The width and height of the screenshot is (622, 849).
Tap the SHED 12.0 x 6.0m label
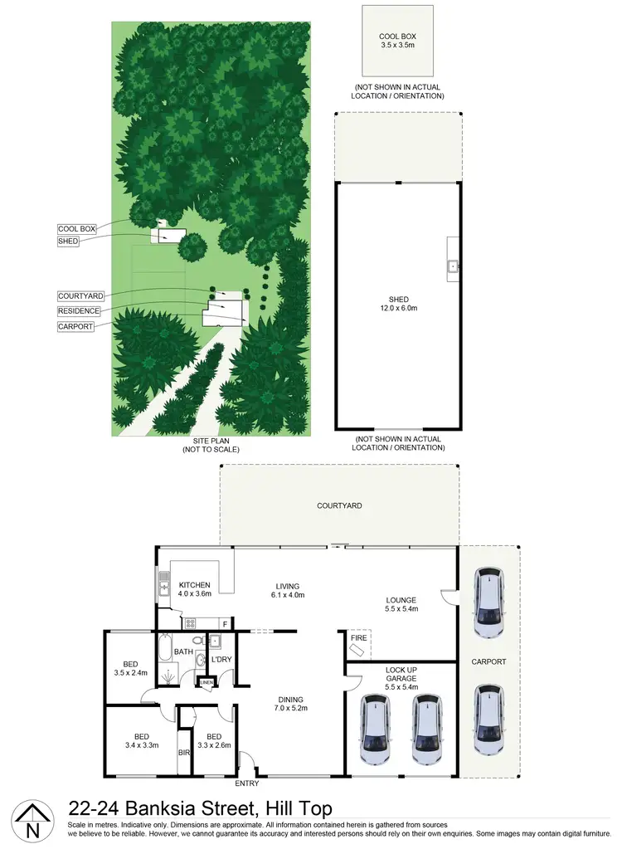pyautogui.click(x=398, y=304)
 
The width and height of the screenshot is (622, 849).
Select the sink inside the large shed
pyautogui.click(x=453, y=266)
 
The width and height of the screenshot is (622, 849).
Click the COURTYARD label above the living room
pyautogui.click(x=339, y=505)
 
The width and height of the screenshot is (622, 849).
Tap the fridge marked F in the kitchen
pyautogui.click(x=224, y=622)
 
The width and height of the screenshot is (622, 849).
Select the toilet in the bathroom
pyautogui.click(x=200, y=660)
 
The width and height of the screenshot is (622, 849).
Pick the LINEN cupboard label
pyautogui.click(x=206, y=683)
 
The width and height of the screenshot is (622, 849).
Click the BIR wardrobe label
pyautogui.click(x=183, y=754)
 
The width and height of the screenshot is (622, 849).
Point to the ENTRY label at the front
pyautogui.click(x=247, y=783)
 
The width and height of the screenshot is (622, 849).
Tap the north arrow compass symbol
pyautogui.click(x=32, y=822)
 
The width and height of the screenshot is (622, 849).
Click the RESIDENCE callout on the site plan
pyautogui.click(x=79, y=311)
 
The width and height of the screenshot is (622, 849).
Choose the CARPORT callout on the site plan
pyautogui.click(x=75, y=326)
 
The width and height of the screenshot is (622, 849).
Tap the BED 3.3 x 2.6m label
pyautogui.click(x=214, y=741)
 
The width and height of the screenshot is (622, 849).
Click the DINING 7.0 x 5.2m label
pyautogui.click(x=290, y=704)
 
